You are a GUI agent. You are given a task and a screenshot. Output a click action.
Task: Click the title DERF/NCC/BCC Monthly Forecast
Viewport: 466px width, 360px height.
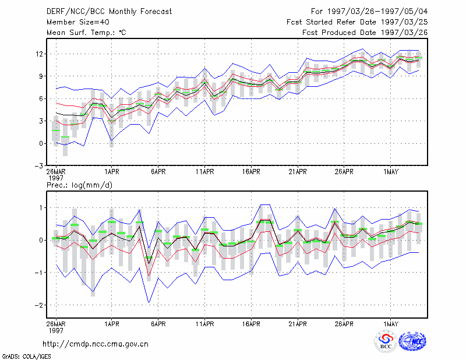[x=109, y=12]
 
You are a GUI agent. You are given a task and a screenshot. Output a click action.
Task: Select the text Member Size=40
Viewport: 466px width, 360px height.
[x=78, y=22]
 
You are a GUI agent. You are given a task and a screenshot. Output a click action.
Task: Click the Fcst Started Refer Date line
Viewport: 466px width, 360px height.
[x=357, y=22]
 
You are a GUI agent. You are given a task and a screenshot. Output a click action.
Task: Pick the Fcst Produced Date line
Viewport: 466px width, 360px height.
[x=365, y=33]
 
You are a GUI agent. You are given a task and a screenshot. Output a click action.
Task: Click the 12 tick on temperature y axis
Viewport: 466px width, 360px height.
[x=39, y=54]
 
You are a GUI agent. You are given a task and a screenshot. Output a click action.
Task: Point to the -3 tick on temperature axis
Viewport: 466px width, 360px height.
[x=38, y=166]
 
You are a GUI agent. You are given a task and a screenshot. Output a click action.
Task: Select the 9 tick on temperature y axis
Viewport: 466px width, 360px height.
[x=41, y=76]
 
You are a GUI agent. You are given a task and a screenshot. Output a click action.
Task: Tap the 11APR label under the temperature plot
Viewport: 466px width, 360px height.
[x=205, y=172]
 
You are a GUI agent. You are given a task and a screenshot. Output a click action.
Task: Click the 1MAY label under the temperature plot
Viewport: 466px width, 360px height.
[x=391, y=172]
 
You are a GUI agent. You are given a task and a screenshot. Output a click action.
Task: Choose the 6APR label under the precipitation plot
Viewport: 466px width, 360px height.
[x=158, y=324]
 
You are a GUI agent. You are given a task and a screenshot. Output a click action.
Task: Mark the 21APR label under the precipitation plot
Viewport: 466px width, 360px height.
[x=298, y=324]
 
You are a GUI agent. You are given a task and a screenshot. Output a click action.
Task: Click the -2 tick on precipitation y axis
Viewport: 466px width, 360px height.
[x=38, y=305]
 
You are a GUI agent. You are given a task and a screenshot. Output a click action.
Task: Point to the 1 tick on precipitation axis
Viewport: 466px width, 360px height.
[x=41, y=208]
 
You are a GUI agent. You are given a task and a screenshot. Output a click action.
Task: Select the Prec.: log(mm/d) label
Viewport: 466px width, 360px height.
[x=79, y=185]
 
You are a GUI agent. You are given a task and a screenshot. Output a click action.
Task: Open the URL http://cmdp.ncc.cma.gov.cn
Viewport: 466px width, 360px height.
[x=96, y=344]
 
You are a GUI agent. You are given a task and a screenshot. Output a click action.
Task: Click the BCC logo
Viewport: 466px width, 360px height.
[x=386, y=341]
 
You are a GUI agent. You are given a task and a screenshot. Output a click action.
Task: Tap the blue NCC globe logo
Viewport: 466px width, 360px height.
[x=412, y=341]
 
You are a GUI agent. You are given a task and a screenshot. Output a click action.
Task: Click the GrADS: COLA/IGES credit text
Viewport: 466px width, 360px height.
[x=27, y=357]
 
